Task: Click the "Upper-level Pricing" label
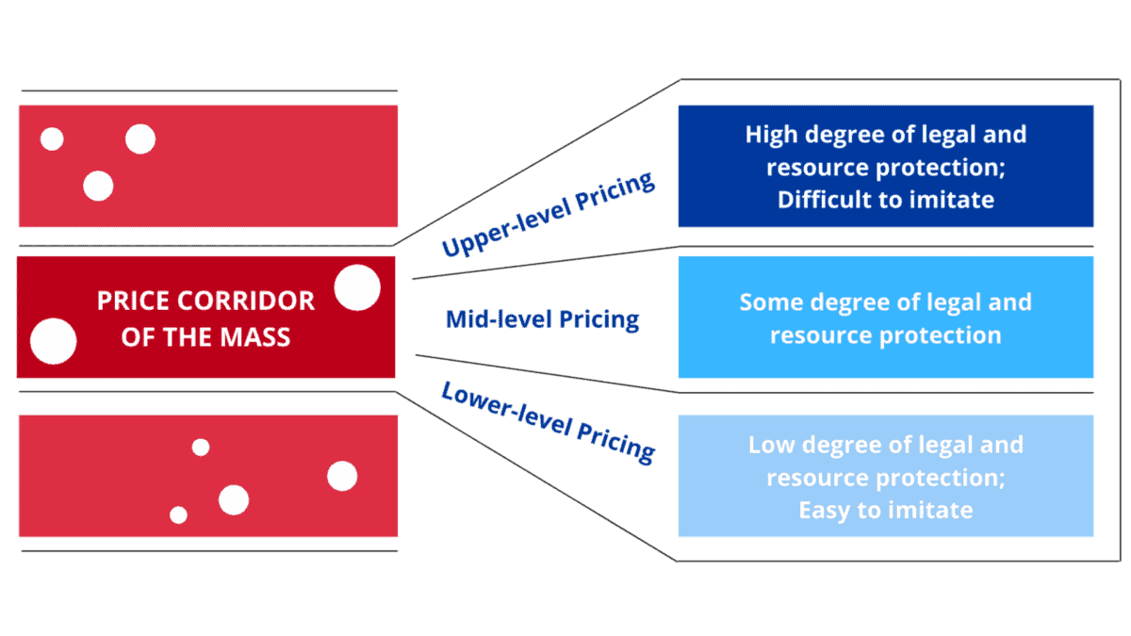point(548,216)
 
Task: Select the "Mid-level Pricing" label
point(542,319)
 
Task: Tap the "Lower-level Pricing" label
point(548,421)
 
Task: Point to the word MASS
point(257,336)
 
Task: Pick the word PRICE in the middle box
point(131,302)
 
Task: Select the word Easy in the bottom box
point(823,511)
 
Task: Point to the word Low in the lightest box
point(770,445)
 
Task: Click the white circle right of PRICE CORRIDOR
point(357,288)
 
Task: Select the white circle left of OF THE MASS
point(53,341)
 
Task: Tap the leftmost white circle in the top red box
point(52,139)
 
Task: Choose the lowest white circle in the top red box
point(98,186)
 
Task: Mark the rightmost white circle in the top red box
point(140,139)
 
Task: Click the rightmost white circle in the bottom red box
point(342,477)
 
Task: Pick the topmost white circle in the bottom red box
point(201,448)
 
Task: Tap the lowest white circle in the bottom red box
point(178,515)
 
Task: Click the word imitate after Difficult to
point(955,200)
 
